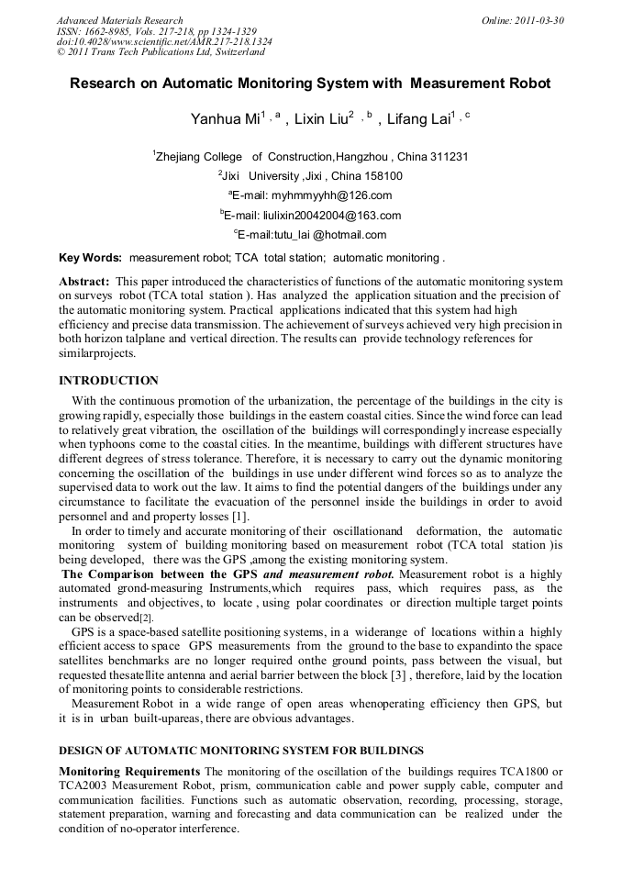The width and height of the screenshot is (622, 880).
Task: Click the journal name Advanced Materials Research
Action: [x=119, y=20]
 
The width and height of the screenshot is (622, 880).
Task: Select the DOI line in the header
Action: [x=164, y=42]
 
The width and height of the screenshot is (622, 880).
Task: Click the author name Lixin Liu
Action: [x=320, y=120]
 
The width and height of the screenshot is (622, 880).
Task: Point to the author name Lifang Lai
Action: [x=417, y=120]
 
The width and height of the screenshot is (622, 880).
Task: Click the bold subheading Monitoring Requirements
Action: [x=129, y=772]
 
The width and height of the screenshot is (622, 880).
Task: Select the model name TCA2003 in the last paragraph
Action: [x=83, y=786]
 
